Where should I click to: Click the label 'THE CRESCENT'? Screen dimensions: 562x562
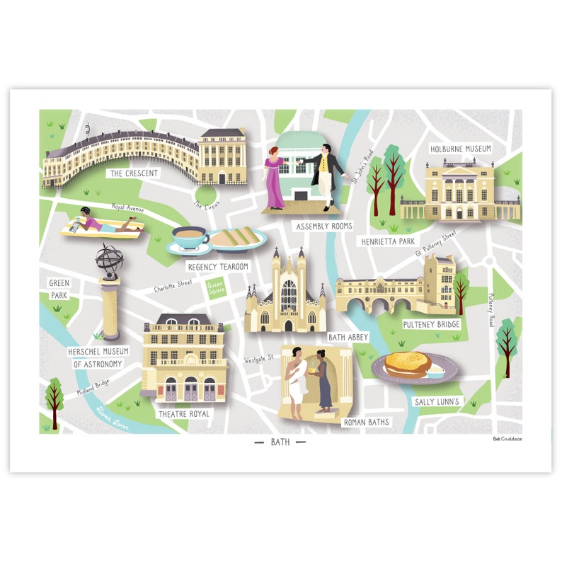pos(133,173)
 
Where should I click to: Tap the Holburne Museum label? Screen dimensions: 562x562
pos(460,149)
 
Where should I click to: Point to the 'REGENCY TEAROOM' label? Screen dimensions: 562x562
pos(218,267)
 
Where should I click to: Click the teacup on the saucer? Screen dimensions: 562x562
pos(189,238)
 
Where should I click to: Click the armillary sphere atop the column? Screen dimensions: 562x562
pos(110,259)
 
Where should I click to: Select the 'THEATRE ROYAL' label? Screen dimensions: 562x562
pos(184,414)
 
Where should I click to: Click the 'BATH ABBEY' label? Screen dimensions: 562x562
pos(348,338)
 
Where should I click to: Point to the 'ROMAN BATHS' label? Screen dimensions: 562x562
pos(366,423)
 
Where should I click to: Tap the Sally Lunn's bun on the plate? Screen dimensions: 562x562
pos(408,363)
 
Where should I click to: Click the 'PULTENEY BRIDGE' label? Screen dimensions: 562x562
pos(431,324)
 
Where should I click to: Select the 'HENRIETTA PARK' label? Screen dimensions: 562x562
pos(387,241)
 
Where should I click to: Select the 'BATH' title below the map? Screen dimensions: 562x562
pos(280,442)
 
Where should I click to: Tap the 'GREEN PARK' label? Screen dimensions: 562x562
pos(59,289)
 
